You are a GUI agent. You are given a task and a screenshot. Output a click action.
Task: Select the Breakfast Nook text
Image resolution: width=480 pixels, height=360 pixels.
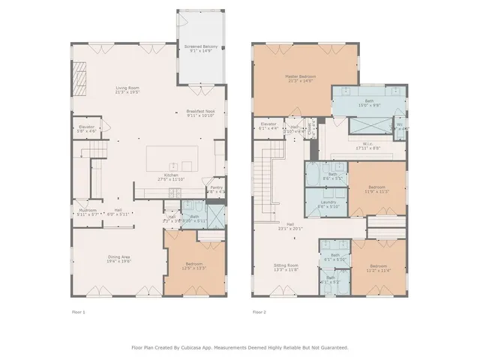201,113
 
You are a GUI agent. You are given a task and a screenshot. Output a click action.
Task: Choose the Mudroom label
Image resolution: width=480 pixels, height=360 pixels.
88,211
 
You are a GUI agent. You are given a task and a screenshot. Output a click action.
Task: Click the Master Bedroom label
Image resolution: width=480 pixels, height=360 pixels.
299,77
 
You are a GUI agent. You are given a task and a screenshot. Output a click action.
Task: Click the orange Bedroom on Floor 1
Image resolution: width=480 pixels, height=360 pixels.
193,266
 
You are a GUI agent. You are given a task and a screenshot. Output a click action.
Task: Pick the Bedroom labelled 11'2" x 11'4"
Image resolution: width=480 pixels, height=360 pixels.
379,268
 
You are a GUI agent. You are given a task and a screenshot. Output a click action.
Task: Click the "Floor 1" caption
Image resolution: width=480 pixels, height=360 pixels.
79,311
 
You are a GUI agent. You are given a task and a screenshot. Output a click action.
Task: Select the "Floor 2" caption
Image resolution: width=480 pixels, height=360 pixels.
259,311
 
